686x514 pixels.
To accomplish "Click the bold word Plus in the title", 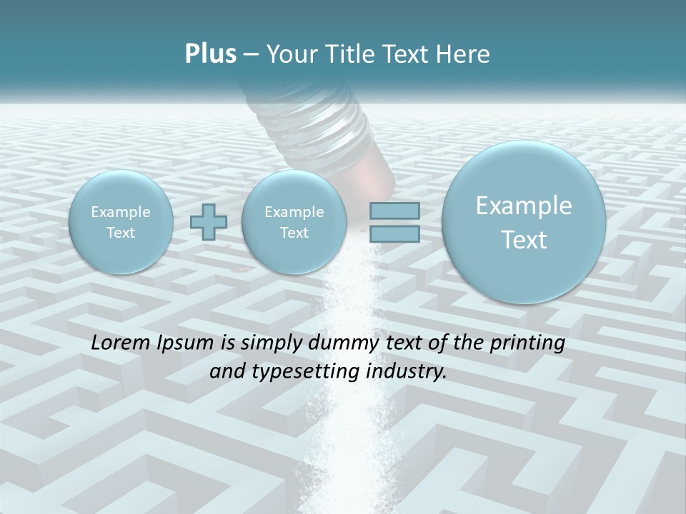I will point(210,54).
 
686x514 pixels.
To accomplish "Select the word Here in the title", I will point(463,54).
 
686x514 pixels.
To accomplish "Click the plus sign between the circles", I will point(209,223).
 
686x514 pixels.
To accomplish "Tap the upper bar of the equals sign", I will point(394,211).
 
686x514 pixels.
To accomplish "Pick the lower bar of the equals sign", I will point(394,233).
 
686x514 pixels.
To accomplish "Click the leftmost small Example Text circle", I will point(121,222).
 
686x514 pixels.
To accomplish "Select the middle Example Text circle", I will point(294,222).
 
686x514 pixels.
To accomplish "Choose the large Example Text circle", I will point(524,222).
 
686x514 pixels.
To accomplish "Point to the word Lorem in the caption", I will point(122,343).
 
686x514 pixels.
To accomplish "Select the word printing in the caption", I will point(528,343).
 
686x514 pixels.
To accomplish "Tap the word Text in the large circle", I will point(524,240).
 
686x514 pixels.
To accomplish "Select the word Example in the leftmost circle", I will point(121,212).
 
